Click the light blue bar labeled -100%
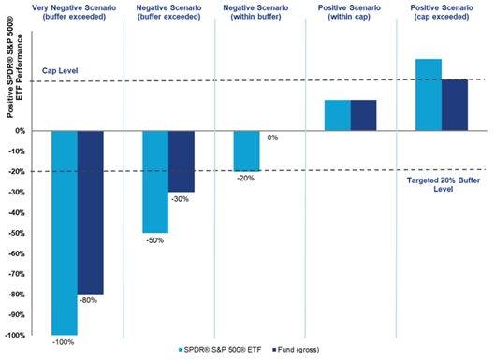tap(65, 233)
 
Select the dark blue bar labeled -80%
tap(91, 212)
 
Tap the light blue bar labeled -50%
tap(155, 182)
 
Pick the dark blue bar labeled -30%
tap(182, 162)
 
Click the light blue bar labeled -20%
tap(246, 151)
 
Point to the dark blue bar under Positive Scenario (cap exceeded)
tap(455, 105)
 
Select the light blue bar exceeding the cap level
tap(429, 94)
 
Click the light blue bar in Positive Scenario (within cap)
tap(338, 115)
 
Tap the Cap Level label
tap(60, 71)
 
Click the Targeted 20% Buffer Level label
tap(444, 184)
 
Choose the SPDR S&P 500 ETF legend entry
tap(220, 350)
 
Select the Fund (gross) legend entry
tap(296, 350)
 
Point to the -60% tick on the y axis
tap(17, 253)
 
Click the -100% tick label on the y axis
tap(15, 336)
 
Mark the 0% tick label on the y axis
tap(20, 131)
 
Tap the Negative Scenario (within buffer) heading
tap(255, 12)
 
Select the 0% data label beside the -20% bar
tap(272, 137)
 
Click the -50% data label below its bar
tap(155, 240)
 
